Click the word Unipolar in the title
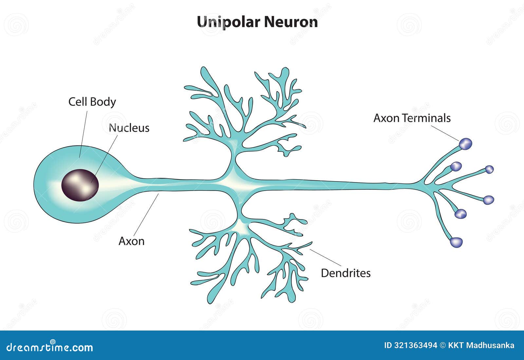[x=229, y=22]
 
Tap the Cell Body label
[x=92, y=102]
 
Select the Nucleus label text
[x=129, y=128]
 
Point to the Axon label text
[x=131, y=241]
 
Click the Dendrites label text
[x=346, y=273]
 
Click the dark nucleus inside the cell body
[x=80, y=185]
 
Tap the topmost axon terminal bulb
[x=465, y=143]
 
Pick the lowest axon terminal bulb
[x=456, y=242]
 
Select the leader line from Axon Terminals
[x=446, y=133]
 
